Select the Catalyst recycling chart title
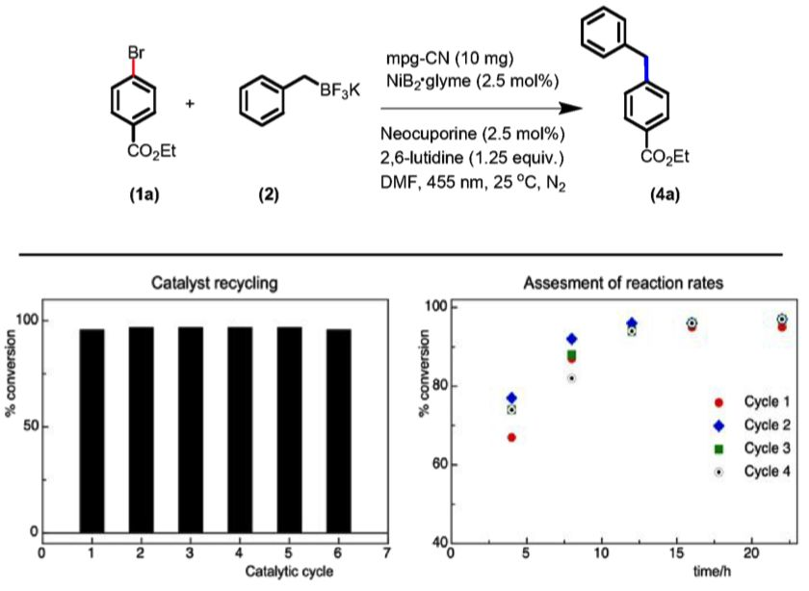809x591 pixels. tap(215, 284)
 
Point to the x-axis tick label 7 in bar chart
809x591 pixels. tap(386, 553)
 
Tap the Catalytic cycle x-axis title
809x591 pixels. tap(215, 572)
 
